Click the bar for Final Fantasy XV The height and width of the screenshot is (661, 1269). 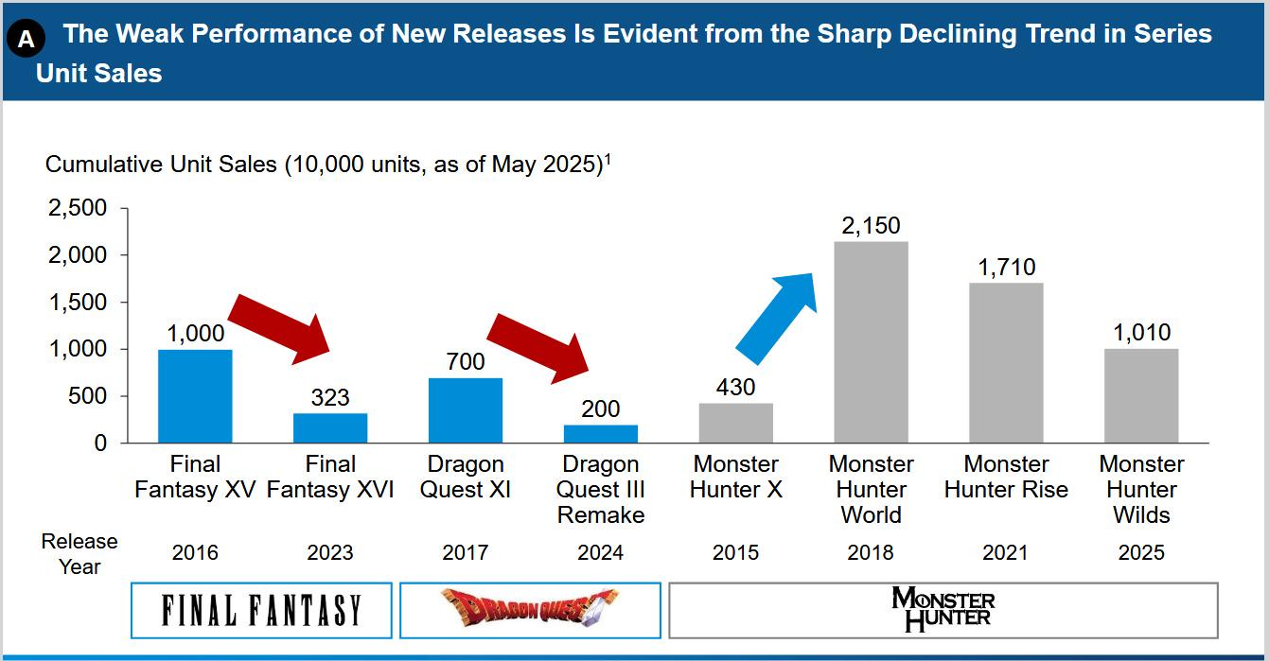tap(195, 396)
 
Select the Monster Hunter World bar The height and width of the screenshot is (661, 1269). tap(871, 342)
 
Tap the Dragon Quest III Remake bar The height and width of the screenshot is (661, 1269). tap(601, 434)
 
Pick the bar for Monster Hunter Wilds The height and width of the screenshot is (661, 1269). tap(1141, 395)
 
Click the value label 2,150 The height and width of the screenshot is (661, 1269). tap(871, 226)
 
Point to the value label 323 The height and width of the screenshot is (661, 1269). tap(330, 398)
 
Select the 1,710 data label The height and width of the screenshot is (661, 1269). tap(1006, 268)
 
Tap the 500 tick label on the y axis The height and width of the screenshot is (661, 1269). tap(86, 396)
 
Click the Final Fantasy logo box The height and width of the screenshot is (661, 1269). tap(261, 610)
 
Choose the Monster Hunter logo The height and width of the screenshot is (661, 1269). tap(943, 610)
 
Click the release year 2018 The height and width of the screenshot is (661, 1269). tap(871, 553)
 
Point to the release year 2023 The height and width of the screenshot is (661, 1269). tap(330, 553)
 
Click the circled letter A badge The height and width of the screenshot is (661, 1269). tap(26, 39)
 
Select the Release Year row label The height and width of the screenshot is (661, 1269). tap(79, 553)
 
